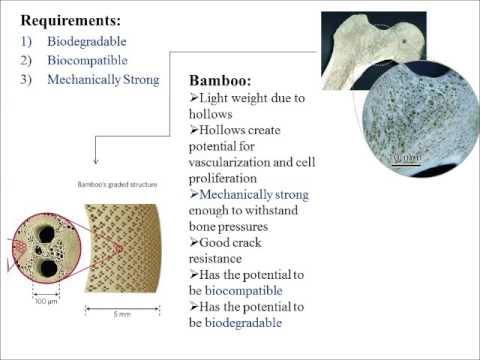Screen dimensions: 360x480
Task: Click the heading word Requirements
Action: click(71, 19)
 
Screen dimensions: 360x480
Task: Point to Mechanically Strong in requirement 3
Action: click(104, 80)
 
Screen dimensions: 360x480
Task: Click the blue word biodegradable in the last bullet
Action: click(244, 322)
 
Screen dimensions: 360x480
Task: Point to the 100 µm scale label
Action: click(44, 299)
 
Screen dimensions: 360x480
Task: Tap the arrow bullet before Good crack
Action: click(194, 242)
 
